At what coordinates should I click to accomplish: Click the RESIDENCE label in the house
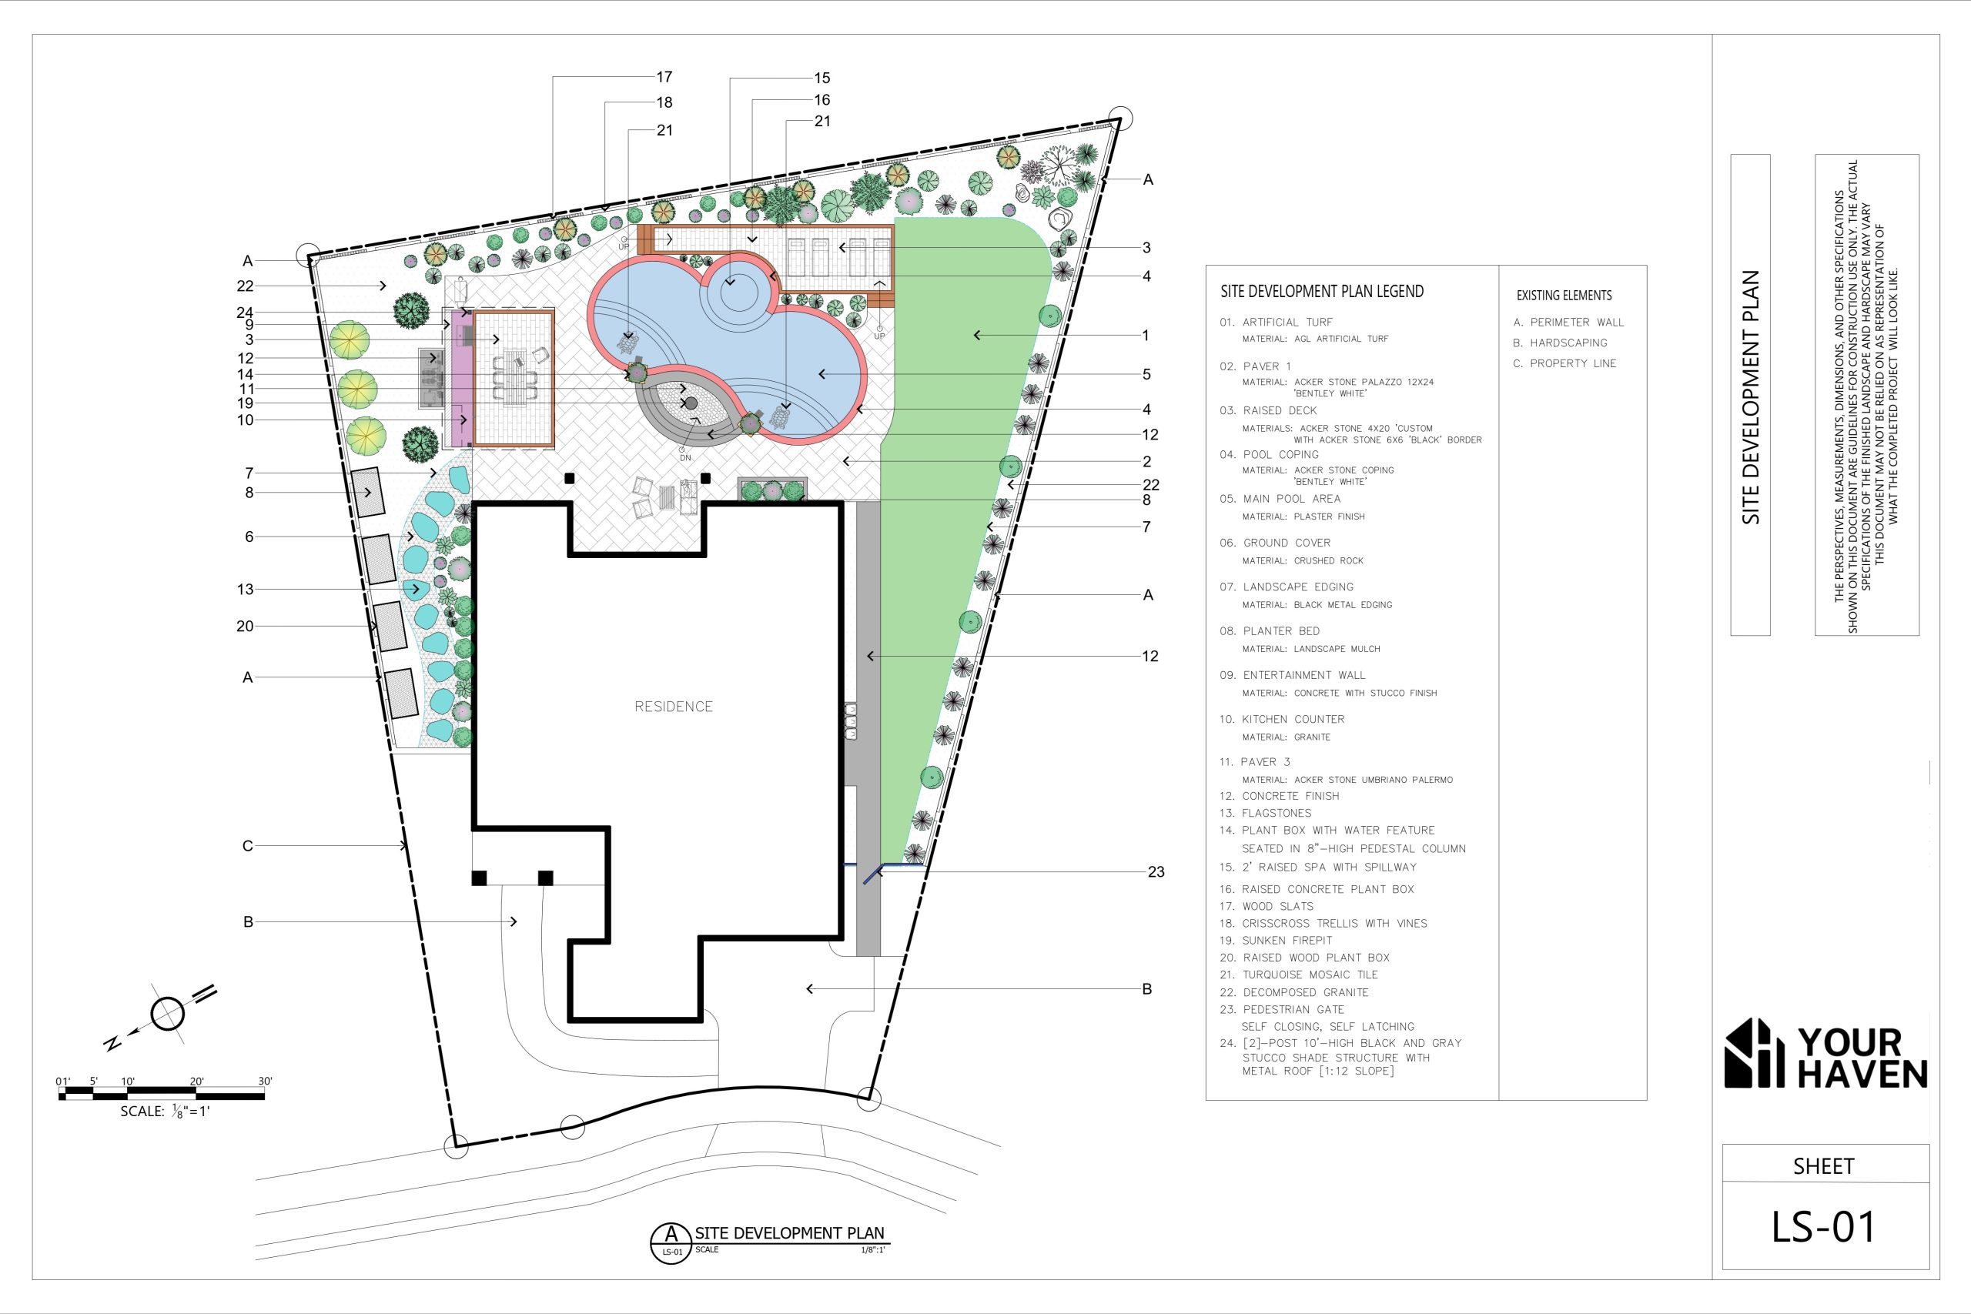673,707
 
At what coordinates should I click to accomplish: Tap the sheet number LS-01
1822,1226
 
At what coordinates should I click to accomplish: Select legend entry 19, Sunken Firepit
1287,940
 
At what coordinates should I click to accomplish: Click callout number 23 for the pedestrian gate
1156,871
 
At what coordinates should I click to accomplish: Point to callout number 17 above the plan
664,77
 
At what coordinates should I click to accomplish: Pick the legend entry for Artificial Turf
1276,322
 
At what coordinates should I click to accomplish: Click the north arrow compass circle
168,1014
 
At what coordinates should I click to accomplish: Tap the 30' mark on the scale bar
265,1081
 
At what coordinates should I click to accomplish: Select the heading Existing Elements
1564,295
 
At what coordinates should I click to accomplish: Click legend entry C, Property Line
1564,363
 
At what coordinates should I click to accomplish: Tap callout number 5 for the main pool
1146,375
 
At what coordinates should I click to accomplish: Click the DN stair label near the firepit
685,458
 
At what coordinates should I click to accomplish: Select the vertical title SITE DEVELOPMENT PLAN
1752,396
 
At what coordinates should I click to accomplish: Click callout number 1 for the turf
1146,335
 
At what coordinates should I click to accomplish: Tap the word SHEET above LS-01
1822,1165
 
